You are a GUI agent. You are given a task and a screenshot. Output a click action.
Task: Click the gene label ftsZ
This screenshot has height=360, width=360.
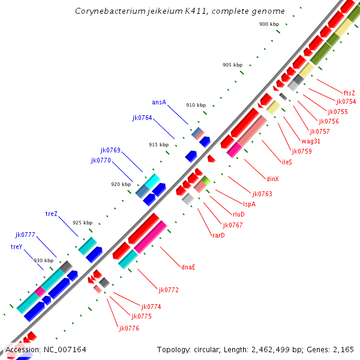tap(349, 93)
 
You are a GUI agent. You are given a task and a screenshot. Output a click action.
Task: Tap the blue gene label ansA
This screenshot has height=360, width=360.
tap(159, 103)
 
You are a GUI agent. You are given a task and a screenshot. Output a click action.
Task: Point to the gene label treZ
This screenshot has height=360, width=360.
tap(52, 214)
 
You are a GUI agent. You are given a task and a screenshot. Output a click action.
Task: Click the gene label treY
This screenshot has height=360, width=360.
tap(16, 247)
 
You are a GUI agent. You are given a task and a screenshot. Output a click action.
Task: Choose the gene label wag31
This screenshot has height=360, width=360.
tap(311, 141)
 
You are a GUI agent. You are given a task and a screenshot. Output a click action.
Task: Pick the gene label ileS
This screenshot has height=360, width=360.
tap(287, 162)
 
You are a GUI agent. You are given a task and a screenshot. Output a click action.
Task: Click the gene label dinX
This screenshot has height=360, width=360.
tap(272, 179)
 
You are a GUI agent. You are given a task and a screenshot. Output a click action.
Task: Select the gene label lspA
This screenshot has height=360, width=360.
tap(249, 204)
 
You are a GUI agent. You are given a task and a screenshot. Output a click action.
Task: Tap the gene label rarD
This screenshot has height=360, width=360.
tap(218, 235)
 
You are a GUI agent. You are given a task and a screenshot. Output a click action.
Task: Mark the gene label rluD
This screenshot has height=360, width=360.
tap(238, 214)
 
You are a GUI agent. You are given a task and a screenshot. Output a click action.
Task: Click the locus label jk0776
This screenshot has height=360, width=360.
tap(129, 328)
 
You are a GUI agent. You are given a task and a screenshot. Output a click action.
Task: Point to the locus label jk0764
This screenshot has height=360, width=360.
tap(142, 118)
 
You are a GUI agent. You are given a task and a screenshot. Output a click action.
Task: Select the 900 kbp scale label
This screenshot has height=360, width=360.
tap(269, 24)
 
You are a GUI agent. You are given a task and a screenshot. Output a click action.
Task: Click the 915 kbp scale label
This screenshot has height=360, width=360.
tap(159, 145)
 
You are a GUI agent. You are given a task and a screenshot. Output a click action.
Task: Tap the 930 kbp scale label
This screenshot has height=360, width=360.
tap(43, 260)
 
